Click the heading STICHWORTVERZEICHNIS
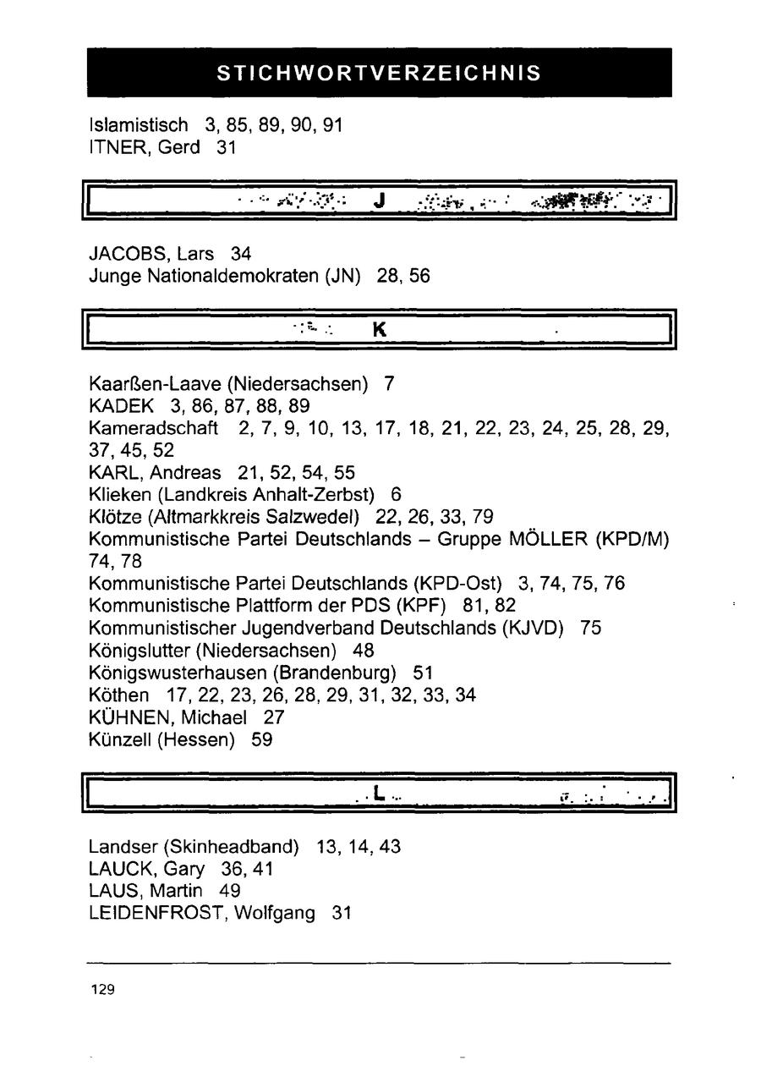coord(379,73)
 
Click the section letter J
coord(379,201)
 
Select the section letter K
coord(379,331)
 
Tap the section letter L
coord(377,793)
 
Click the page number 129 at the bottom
coord(102,989)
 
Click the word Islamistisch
coord(138,125)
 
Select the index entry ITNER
coord(113,147)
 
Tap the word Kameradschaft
coord(153,428)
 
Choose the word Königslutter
coord(139,651)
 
